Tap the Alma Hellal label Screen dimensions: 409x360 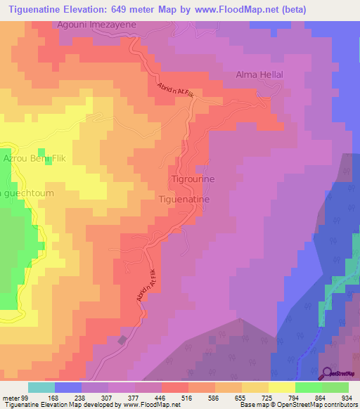point(259,74)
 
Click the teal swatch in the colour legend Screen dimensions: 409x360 point(41,387)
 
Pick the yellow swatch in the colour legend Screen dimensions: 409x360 point(282,387)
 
